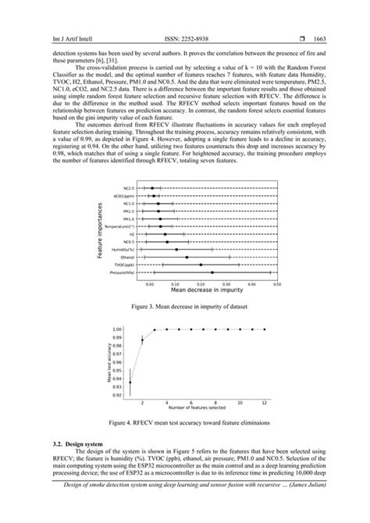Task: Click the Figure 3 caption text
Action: point(184,308)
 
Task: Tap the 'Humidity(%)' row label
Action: point(123,249)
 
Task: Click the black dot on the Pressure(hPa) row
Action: point(212,272)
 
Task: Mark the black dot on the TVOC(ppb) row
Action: point(201,265)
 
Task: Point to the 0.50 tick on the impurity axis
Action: point(276,283)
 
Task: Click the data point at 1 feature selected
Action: point(130,382)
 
